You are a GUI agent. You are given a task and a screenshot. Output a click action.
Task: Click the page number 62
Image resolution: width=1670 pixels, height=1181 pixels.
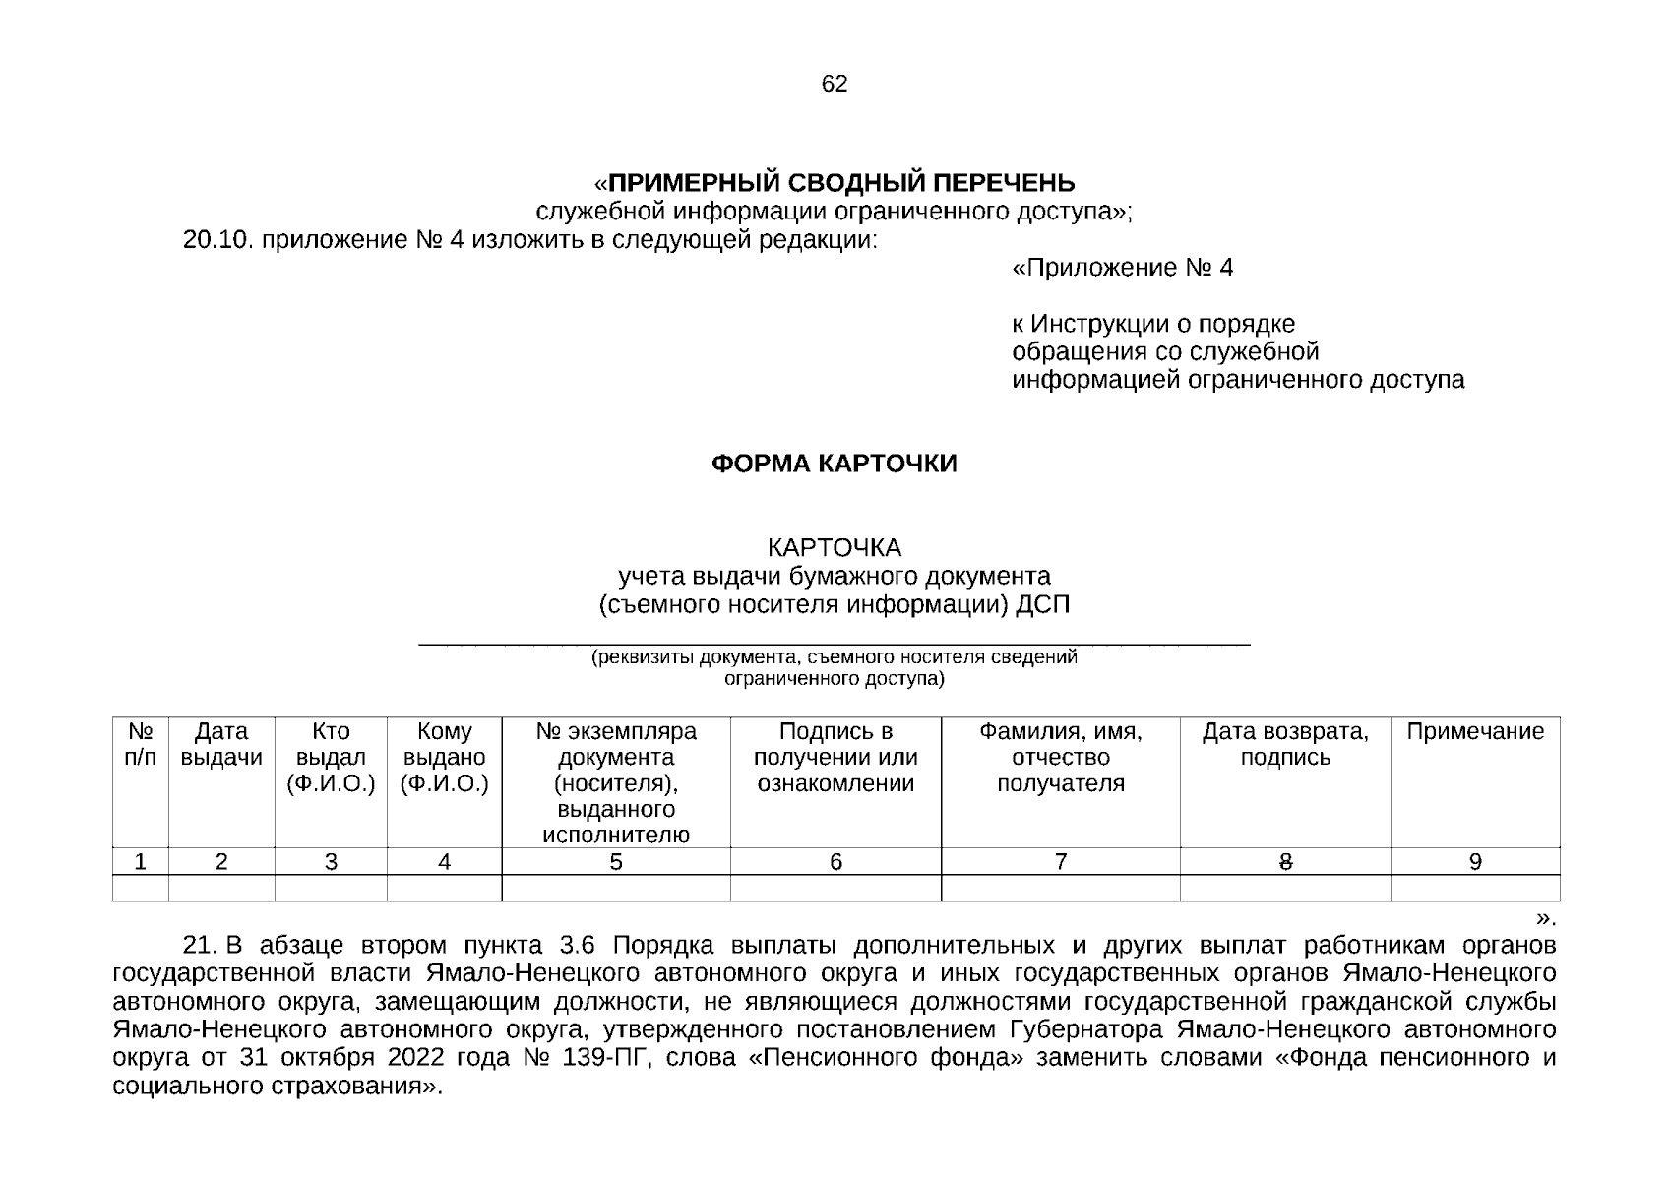pos(834,85)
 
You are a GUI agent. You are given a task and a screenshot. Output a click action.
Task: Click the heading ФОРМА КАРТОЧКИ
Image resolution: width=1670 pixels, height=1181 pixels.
pos(834,464)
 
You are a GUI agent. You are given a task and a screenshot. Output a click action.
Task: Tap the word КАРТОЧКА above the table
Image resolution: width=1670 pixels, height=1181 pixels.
pos(834,547)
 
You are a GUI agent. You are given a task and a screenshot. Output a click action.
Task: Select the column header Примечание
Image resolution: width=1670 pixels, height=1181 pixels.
pos(1474,732)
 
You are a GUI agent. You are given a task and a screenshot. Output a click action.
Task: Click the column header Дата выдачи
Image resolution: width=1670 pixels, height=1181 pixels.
pos(221,745)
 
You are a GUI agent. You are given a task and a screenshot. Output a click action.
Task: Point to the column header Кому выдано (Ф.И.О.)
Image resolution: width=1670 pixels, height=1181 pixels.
pos(444,758)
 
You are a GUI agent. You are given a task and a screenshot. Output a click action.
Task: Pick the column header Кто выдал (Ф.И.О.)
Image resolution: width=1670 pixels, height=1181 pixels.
pos(331,758)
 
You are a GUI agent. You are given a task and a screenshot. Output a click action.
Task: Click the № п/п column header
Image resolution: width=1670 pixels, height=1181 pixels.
pos(141,745)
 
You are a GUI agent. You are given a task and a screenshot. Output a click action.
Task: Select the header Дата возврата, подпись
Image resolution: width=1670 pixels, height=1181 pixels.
pos(1284,745)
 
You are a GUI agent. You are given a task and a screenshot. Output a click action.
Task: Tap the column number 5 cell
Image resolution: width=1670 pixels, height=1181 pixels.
pos(615,862)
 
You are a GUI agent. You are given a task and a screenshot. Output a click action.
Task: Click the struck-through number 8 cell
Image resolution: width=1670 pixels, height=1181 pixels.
pos(1284,862)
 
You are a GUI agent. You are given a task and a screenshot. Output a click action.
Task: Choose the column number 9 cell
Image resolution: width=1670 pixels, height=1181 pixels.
pos(1474,862)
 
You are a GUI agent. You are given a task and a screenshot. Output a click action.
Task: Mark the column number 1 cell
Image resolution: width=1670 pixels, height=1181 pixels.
pos(141,862)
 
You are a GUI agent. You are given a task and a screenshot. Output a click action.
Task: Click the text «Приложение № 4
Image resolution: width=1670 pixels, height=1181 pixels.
pos(1122,268)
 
